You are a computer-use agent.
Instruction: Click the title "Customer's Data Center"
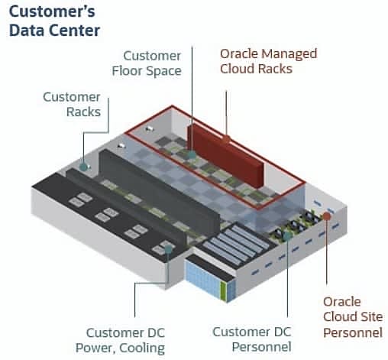(54, 21)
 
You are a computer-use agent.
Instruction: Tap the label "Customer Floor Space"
(147, 63)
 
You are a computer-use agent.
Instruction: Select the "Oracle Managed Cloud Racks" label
(268, 61)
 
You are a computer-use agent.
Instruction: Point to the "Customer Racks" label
(72, 104)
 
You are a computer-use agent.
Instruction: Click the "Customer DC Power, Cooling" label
(120, 341)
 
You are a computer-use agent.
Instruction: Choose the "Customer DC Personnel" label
(252, 339)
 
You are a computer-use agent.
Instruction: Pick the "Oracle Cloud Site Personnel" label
(353, 317)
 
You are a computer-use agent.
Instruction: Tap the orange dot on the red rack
(226, 140)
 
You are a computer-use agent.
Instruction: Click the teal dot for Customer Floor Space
(192, 154)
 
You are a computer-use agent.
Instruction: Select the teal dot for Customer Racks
(83, 167)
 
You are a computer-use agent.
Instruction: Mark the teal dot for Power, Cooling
(168, 249)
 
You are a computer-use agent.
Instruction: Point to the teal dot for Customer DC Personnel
(287, 235)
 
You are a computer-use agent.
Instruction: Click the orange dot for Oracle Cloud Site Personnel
(327, 216)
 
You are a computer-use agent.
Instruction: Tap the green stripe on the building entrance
(223, 290)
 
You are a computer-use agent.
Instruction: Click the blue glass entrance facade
(202, 277)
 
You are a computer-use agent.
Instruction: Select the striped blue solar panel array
(236, 244)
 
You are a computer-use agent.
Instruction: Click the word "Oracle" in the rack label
(239, 54)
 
